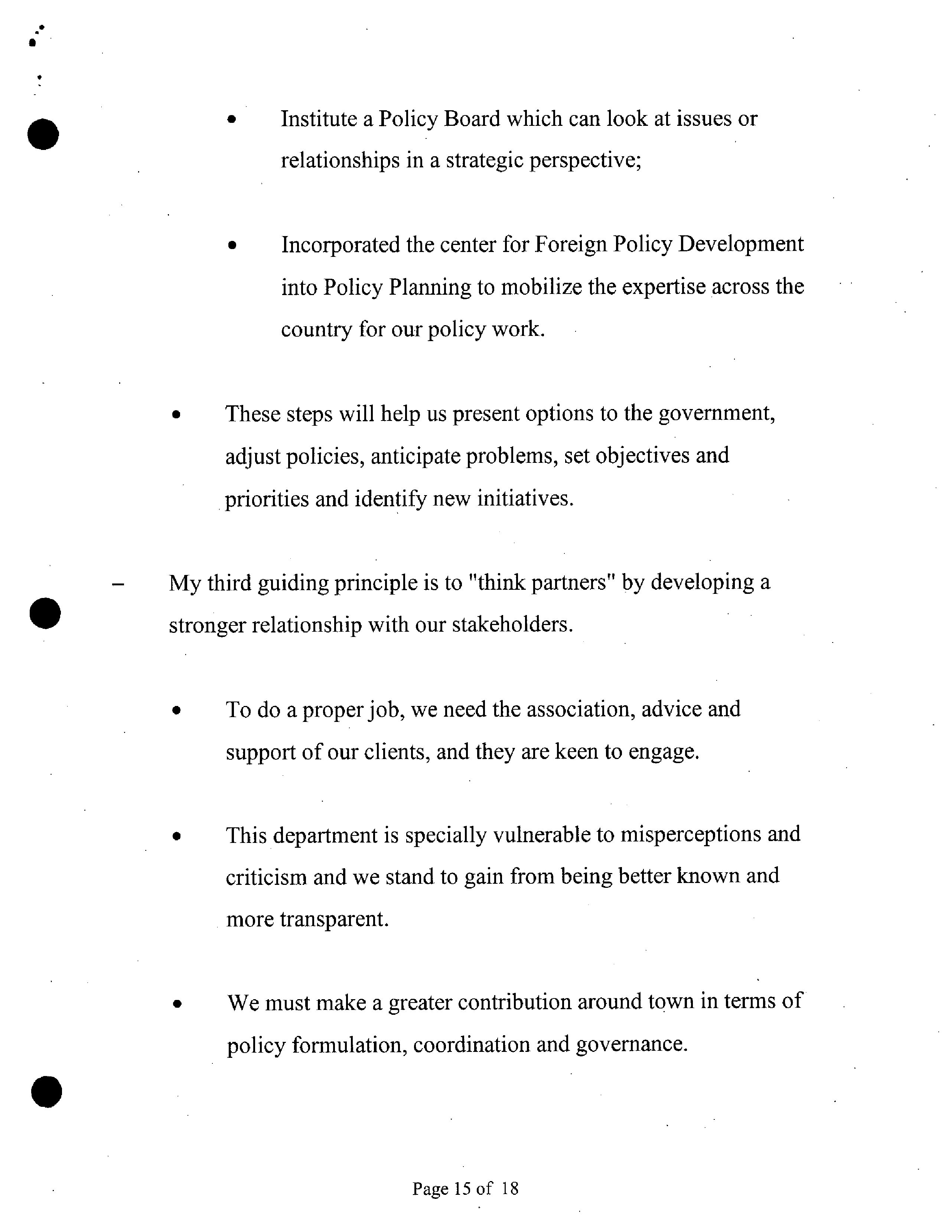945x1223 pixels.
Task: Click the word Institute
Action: pos(319,119)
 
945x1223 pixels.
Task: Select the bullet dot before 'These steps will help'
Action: pos(176,415)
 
